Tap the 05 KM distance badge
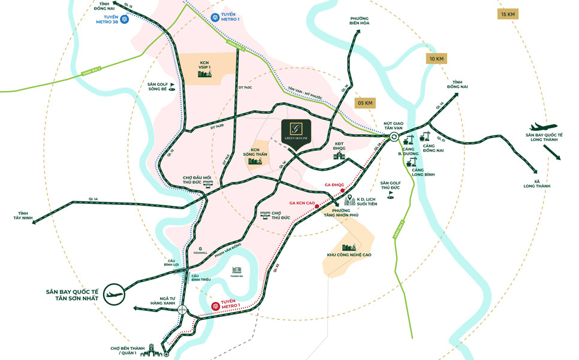pyautogui.click(x=365, y=102)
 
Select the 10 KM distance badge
pyautogui.click(x=436, y=58)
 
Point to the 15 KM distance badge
pyautogui.click(x=507, y=14)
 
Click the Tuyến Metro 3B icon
pyautogui.click(x=125, y=19)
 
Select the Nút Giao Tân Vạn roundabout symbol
pyautogui.click(x=394, y=137)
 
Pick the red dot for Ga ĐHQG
pyautogui.click(x=342, y=190)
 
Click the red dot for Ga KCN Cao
pyautogui.click(x=316, y=207)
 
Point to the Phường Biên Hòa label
pyautogui.click(x=360, y=21)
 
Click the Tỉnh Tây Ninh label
pyautogui.click(x=23, y=216)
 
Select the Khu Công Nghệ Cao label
pyautogui.click(x=349, y=255)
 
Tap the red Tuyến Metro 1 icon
pyautogui.click(x=215, y=306)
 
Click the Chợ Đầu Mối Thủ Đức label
pyautogui.click(x=197, y=180)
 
